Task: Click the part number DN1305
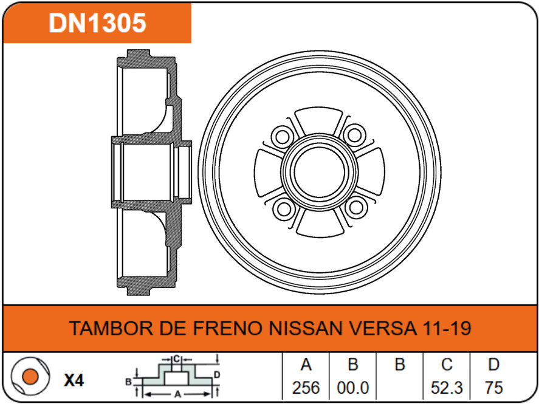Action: tap(97, 24)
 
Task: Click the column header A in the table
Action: tap(306, 365)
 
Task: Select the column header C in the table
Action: tap(447, 365)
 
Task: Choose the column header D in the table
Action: tap(493, 365)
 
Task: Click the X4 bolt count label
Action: tap(74, 381)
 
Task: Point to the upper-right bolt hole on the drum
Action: tap(353, 134)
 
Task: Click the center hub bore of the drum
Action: tap(318, 171)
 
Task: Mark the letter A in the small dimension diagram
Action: tap(177, 394)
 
